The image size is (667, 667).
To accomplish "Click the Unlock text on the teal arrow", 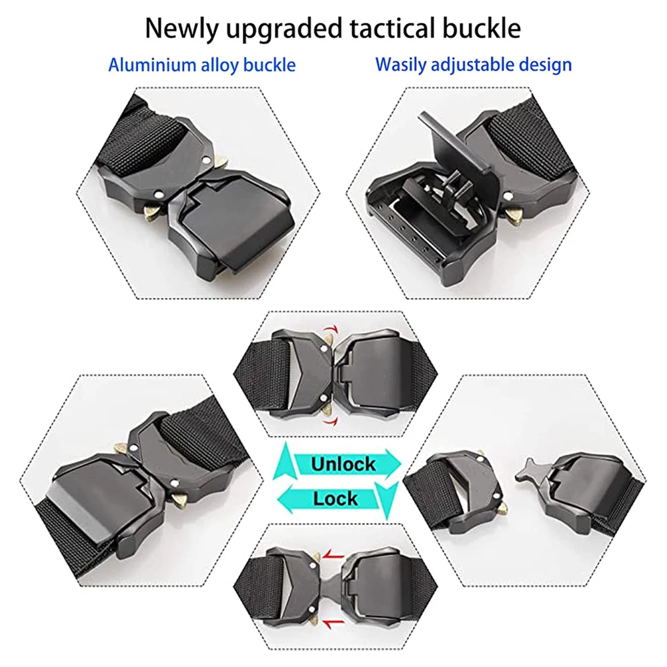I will (x=344, y=464).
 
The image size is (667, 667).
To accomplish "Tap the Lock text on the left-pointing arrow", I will (x=336, y=498).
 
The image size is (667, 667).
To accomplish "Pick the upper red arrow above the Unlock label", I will (x=329, y=330).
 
